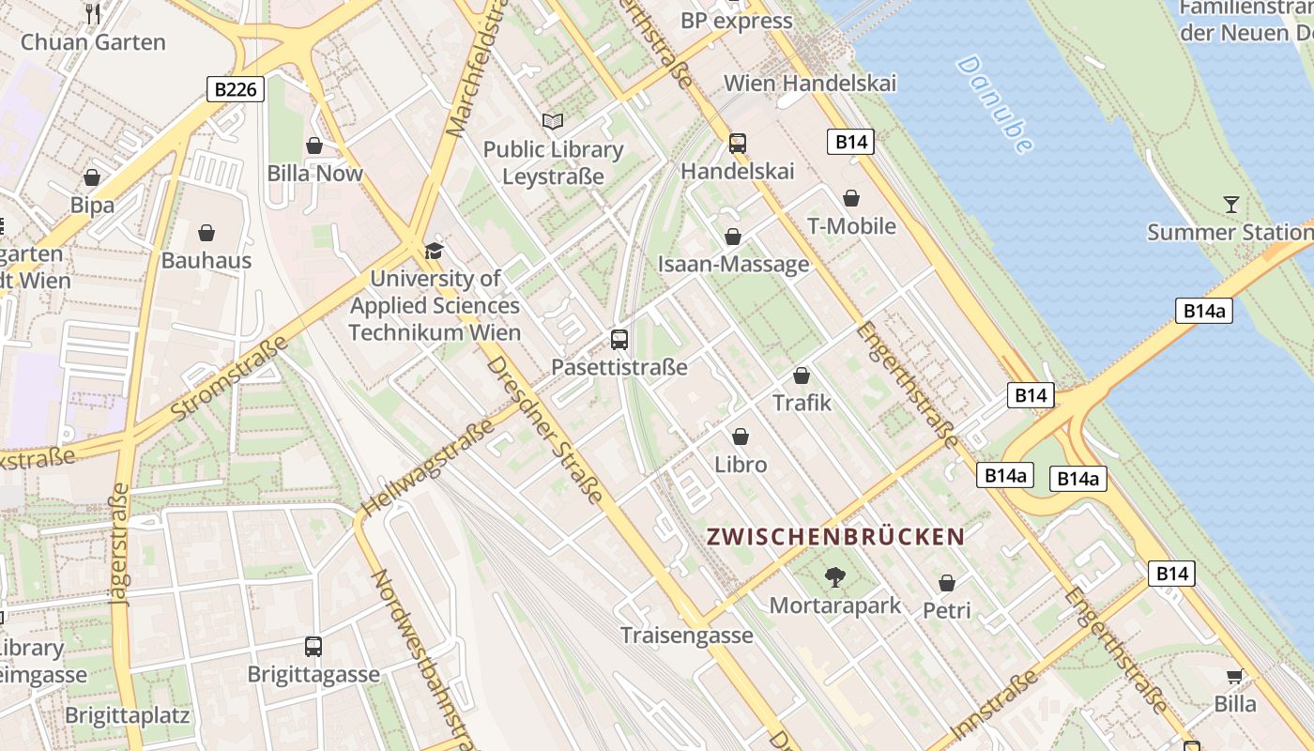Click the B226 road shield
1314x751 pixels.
pos(235,89)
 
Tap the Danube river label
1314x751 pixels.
pos(995,103)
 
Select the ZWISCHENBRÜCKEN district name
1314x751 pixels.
pos(835,537)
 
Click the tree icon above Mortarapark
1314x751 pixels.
pos(834,577)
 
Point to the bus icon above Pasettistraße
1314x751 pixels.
pos(619,339)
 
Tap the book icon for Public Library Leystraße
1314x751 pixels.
pos(553,122)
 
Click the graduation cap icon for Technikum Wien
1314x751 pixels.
pos(433,251)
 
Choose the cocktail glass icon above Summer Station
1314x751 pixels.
pos(1231,204)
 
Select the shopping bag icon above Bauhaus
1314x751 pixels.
pos(206,233)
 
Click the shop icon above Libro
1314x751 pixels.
pos(741,437)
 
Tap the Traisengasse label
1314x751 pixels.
pos(687,636)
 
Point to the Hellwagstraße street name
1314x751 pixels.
pos(427,468)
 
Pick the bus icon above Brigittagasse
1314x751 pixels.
pos(313,646)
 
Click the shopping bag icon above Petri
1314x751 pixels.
pos(947,583)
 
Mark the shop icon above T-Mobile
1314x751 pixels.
pos(851,198)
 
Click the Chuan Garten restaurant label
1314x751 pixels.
pos(93,41)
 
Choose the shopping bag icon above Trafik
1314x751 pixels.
pos(802,375)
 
